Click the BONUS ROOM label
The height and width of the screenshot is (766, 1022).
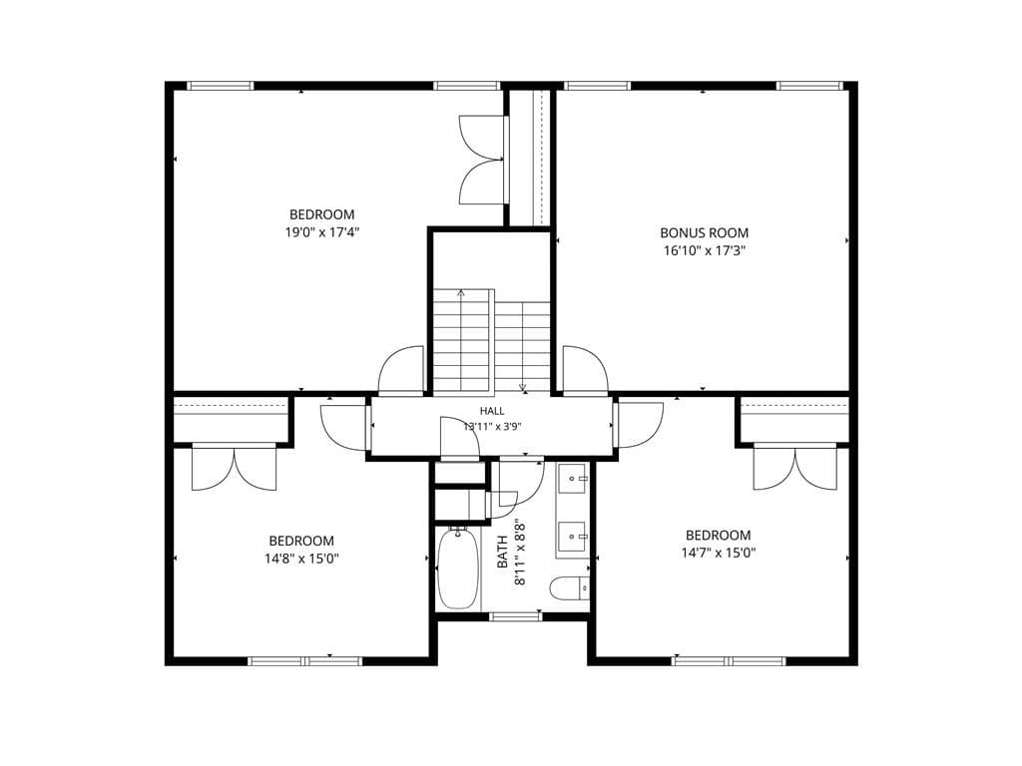pos(704,232)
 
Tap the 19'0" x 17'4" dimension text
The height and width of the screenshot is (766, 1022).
pos(322,231)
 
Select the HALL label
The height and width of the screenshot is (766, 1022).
pos(492,411)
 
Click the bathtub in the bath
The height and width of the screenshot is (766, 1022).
pos(457,570)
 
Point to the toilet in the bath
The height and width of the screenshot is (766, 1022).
pos(570,588)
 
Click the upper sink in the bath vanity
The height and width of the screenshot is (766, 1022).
pos(573,479)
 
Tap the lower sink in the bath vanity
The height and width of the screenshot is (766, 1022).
pos(573,537)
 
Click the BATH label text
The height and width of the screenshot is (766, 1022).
pos(503,551)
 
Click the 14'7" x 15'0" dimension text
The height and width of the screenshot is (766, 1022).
pos(719,553)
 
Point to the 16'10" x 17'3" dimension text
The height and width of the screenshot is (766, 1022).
pos(704,250)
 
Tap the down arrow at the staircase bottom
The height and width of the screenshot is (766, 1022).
pos(523,388)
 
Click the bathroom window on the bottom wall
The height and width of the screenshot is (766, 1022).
pos(516,616)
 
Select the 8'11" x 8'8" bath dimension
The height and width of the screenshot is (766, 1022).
pos(520,551)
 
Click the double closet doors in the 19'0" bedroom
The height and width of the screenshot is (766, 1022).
pos(483,161)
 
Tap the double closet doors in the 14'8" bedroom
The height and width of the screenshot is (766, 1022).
pos(235,468)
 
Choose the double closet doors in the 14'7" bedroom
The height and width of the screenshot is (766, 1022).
pos(795,468)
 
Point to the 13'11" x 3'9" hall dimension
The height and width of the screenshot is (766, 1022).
pos(492,427)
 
